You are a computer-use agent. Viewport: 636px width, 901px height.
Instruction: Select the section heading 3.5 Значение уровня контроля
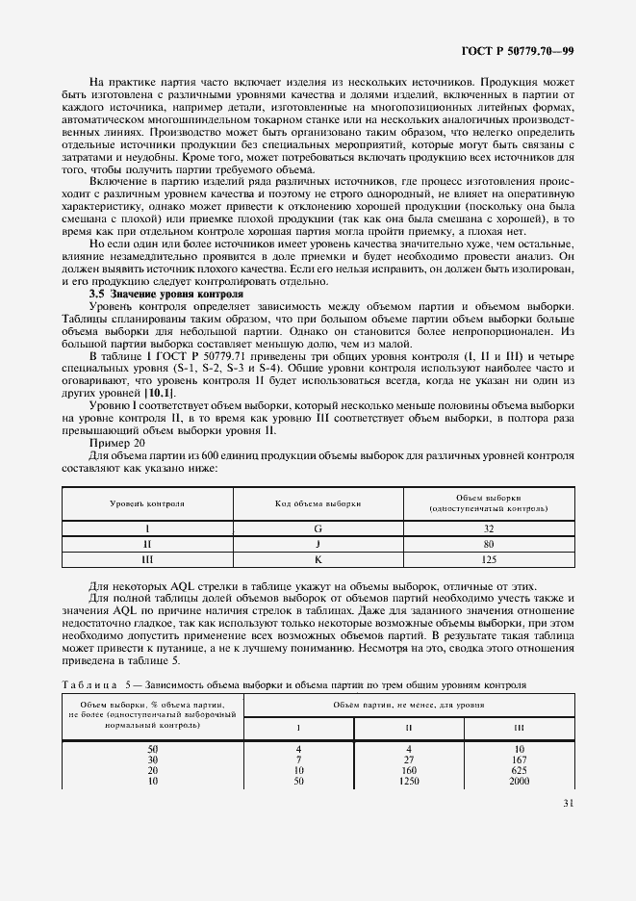166,293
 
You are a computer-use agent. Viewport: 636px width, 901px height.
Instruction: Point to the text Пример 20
116,442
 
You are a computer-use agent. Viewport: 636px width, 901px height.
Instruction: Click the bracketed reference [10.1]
158,393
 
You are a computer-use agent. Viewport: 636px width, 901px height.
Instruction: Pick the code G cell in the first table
318,528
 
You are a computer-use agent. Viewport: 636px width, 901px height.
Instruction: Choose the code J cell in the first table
318,543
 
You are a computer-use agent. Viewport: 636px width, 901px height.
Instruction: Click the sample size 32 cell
489,528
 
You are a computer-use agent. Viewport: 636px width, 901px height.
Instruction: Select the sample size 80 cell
489,543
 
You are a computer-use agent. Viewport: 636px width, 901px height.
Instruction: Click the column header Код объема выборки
318,503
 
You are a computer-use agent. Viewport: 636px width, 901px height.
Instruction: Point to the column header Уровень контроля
148,503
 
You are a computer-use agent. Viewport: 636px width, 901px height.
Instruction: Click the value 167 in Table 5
520,759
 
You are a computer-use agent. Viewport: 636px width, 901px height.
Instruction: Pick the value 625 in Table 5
520,771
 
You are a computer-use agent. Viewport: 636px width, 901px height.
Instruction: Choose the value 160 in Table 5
409,771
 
